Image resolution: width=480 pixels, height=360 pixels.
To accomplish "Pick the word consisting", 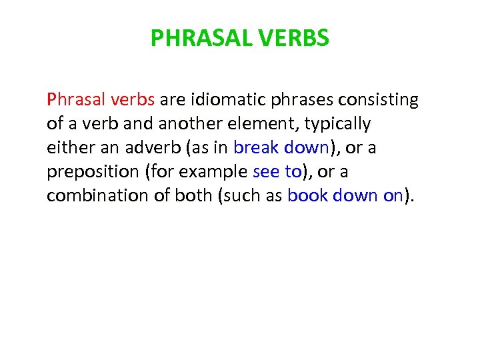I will (379, 100).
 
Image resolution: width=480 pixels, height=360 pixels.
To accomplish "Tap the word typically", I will (337, 125).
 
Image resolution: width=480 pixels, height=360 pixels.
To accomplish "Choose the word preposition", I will (90, 172).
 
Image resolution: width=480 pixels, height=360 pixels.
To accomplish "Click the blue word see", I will (267, 172).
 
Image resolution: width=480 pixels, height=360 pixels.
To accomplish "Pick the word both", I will (193, 195).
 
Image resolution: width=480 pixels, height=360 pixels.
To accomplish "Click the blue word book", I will (305, 195).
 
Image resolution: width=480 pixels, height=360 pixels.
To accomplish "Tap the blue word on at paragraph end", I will (393, 195).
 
